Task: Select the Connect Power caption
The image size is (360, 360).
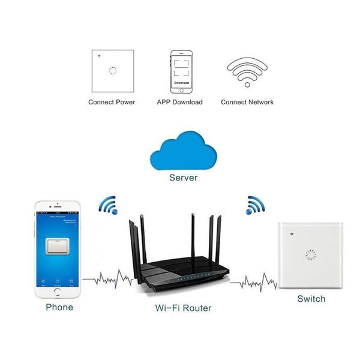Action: point(112,102)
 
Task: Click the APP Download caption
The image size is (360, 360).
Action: point(180,102)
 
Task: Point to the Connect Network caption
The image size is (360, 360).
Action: point(247,102)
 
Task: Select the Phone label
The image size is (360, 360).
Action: point(59,307)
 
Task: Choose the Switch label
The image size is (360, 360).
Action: point(311,298)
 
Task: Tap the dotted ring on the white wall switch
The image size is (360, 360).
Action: point(310,255)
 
